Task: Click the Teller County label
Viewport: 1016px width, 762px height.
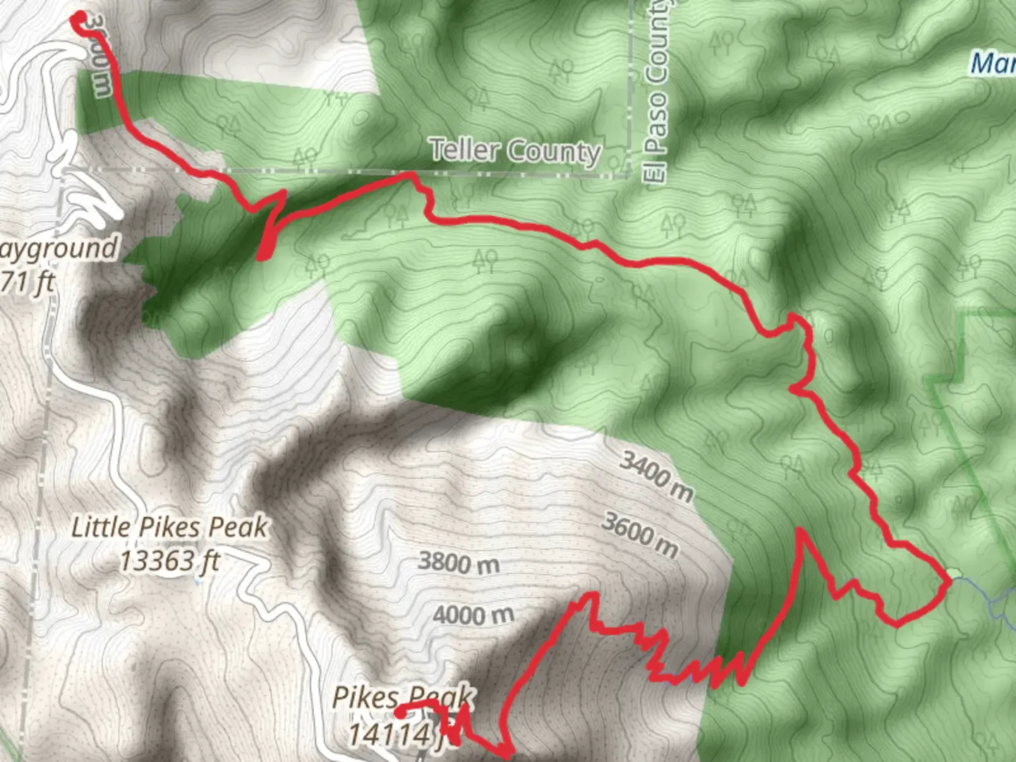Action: click(x=515, y=152)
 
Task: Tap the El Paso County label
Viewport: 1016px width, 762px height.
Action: click(x=656, y=92)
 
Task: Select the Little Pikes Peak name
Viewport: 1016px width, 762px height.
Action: click(x=169, y=528)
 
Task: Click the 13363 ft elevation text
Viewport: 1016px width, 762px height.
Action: click(x=169, y=562)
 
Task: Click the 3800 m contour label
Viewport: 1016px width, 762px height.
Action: click(x=459, y=562)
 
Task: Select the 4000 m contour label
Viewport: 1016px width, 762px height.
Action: click(x=473, y=615)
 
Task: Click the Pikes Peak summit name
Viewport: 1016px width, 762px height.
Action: click(x=402, y=698)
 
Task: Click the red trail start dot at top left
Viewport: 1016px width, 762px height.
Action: click(x=80, y=18)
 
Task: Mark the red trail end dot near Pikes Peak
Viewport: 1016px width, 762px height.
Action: click(x=399, y=712)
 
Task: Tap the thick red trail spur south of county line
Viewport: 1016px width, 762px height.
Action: click(x=267, y=240)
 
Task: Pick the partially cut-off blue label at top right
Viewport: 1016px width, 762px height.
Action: click(x=993, y=64)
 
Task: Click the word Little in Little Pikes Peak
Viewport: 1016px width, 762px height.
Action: click(x=101, y=528)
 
